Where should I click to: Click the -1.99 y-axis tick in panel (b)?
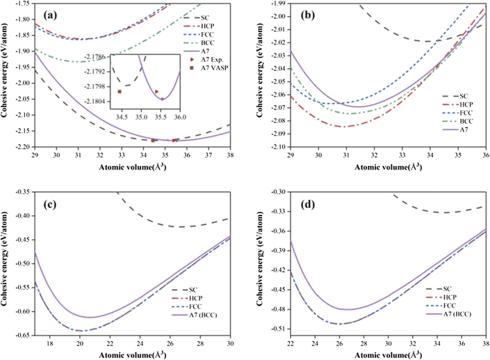tap(274, 4)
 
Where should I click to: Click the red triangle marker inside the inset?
tap(157, 92)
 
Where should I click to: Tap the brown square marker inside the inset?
tap(120, 92)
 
